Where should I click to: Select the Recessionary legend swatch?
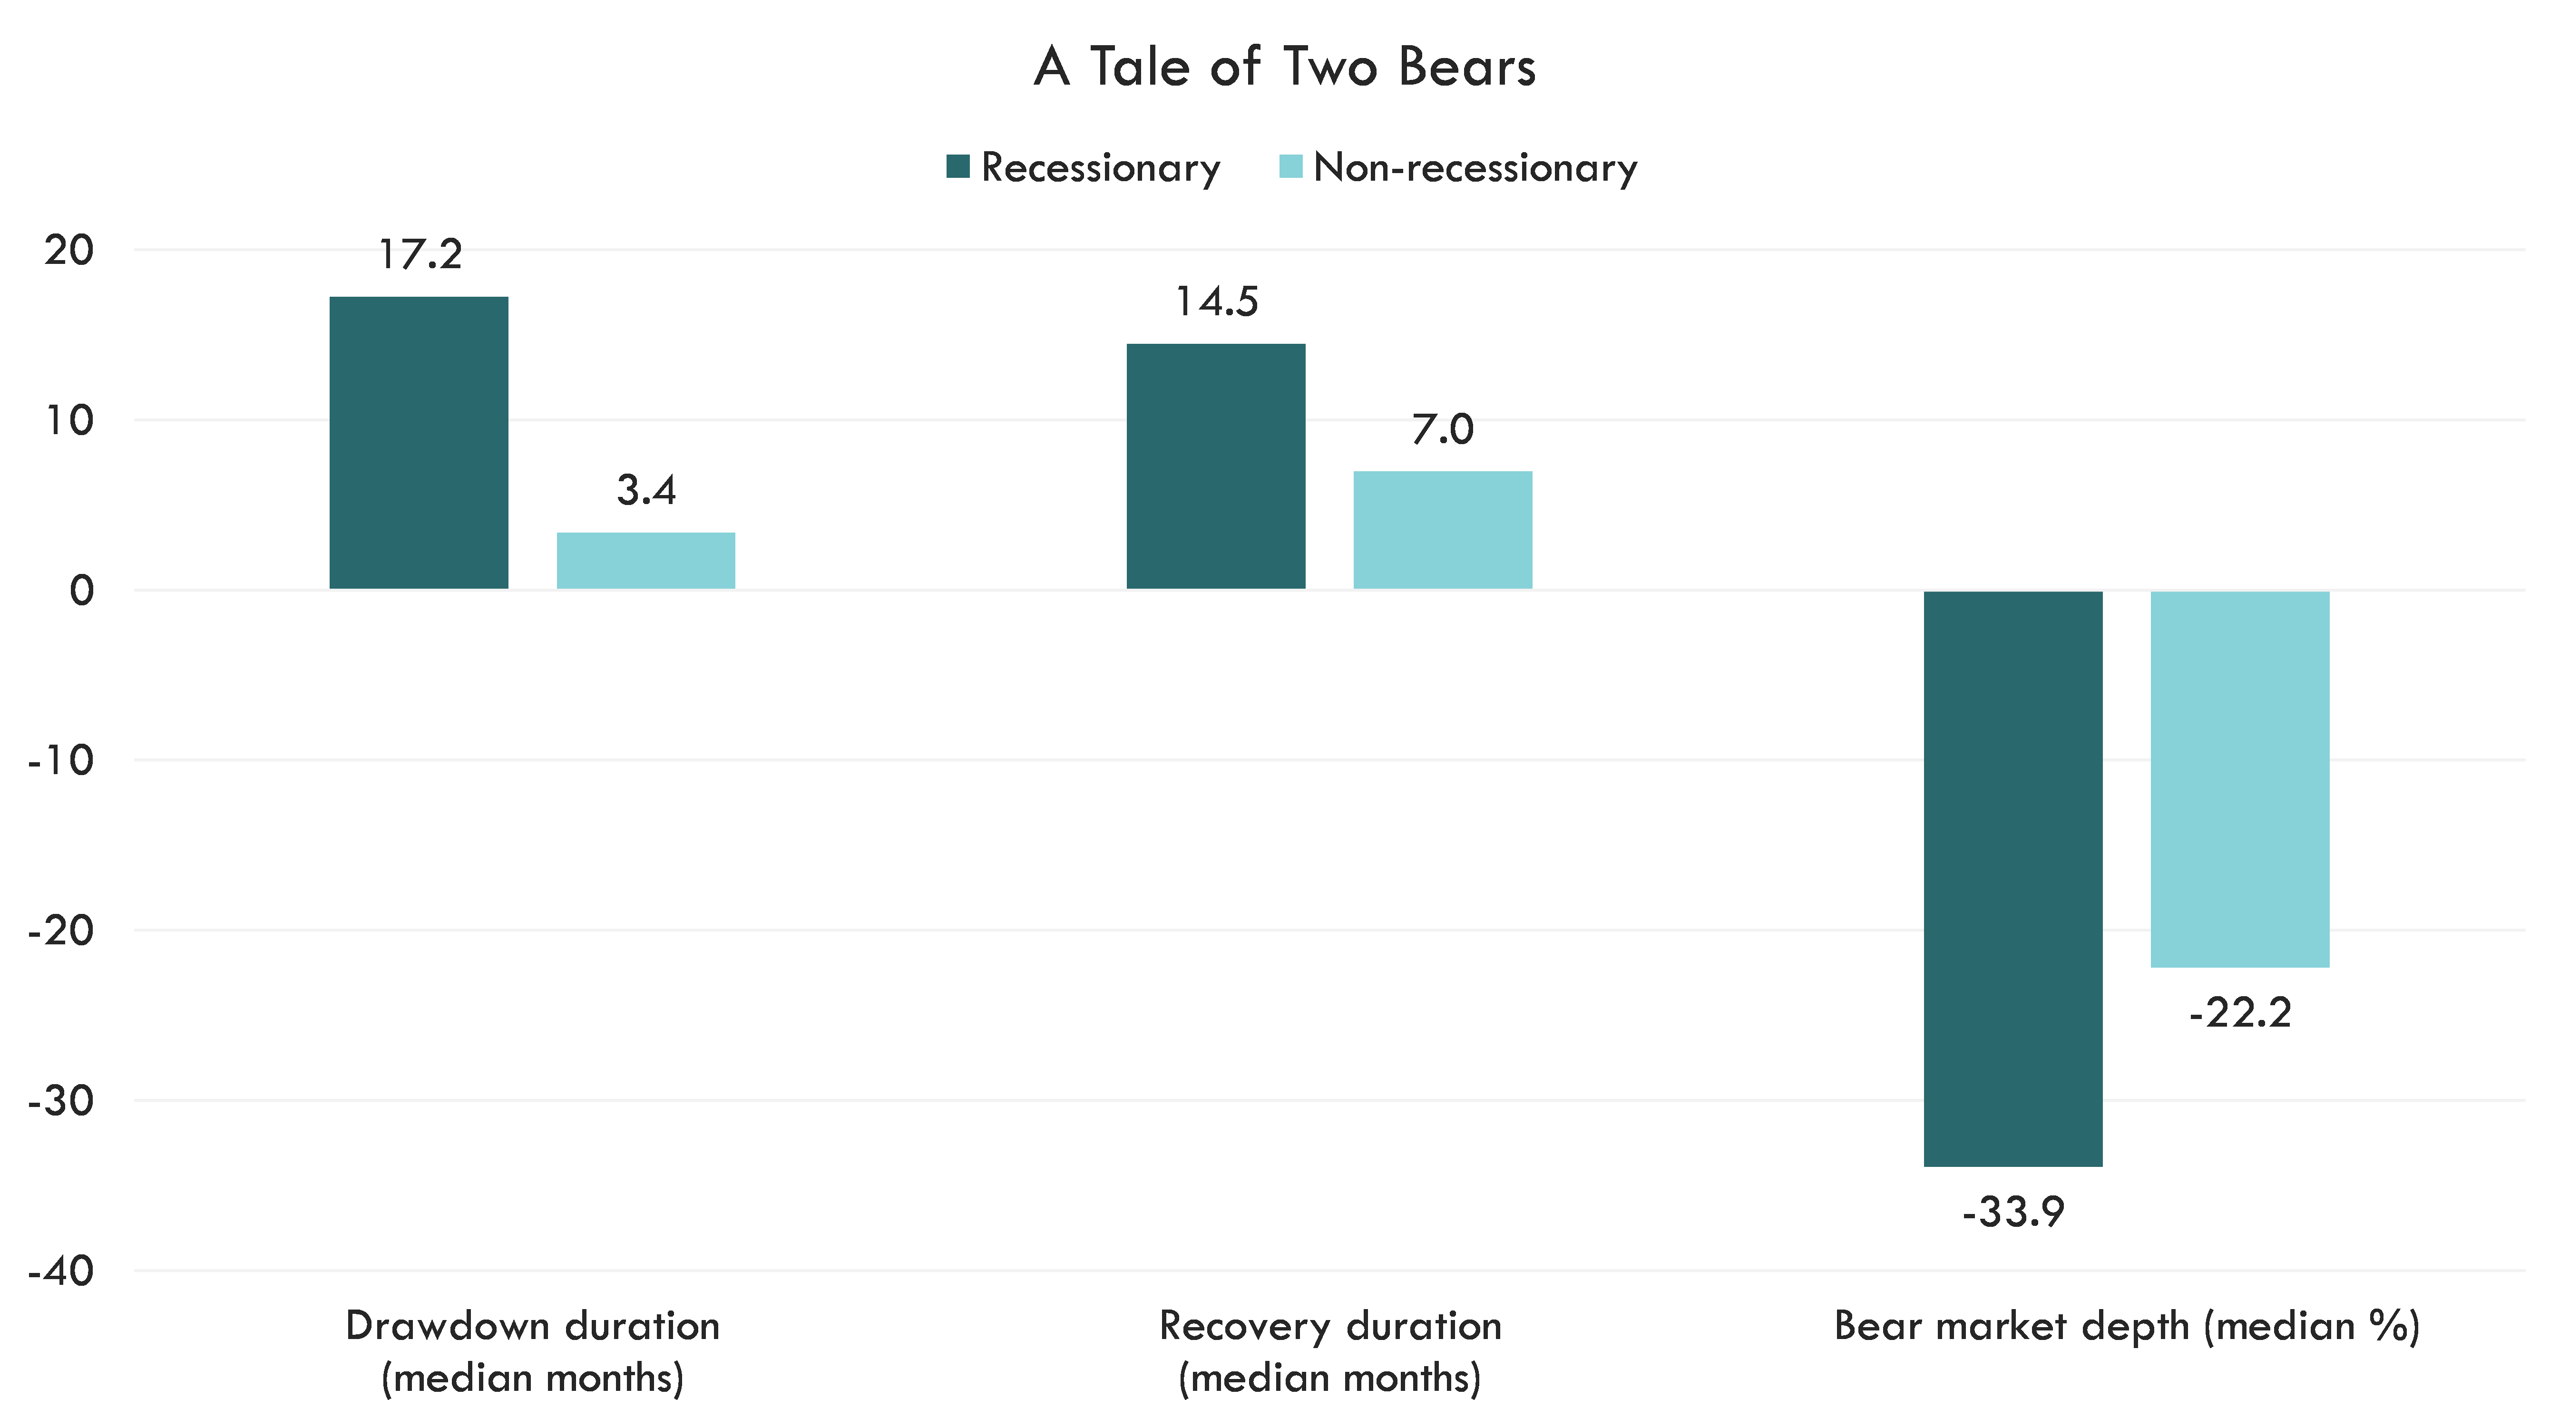pos(957,166)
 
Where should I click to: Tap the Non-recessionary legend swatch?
pos(1290,166)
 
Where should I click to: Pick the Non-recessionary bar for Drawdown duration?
pos(645,562)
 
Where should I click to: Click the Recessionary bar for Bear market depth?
pos(2012,877)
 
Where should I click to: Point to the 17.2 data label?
pos(421,256)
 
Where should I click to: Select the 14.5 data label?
pos(1217,301)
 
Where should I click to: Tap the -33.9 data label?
pos(2012,1212)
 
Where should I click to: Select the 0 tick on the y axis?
pos(82,591)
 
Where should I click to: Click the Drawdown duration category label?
pos(533,1351)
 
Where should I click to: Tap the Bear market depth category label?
pos(2126,1326)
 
